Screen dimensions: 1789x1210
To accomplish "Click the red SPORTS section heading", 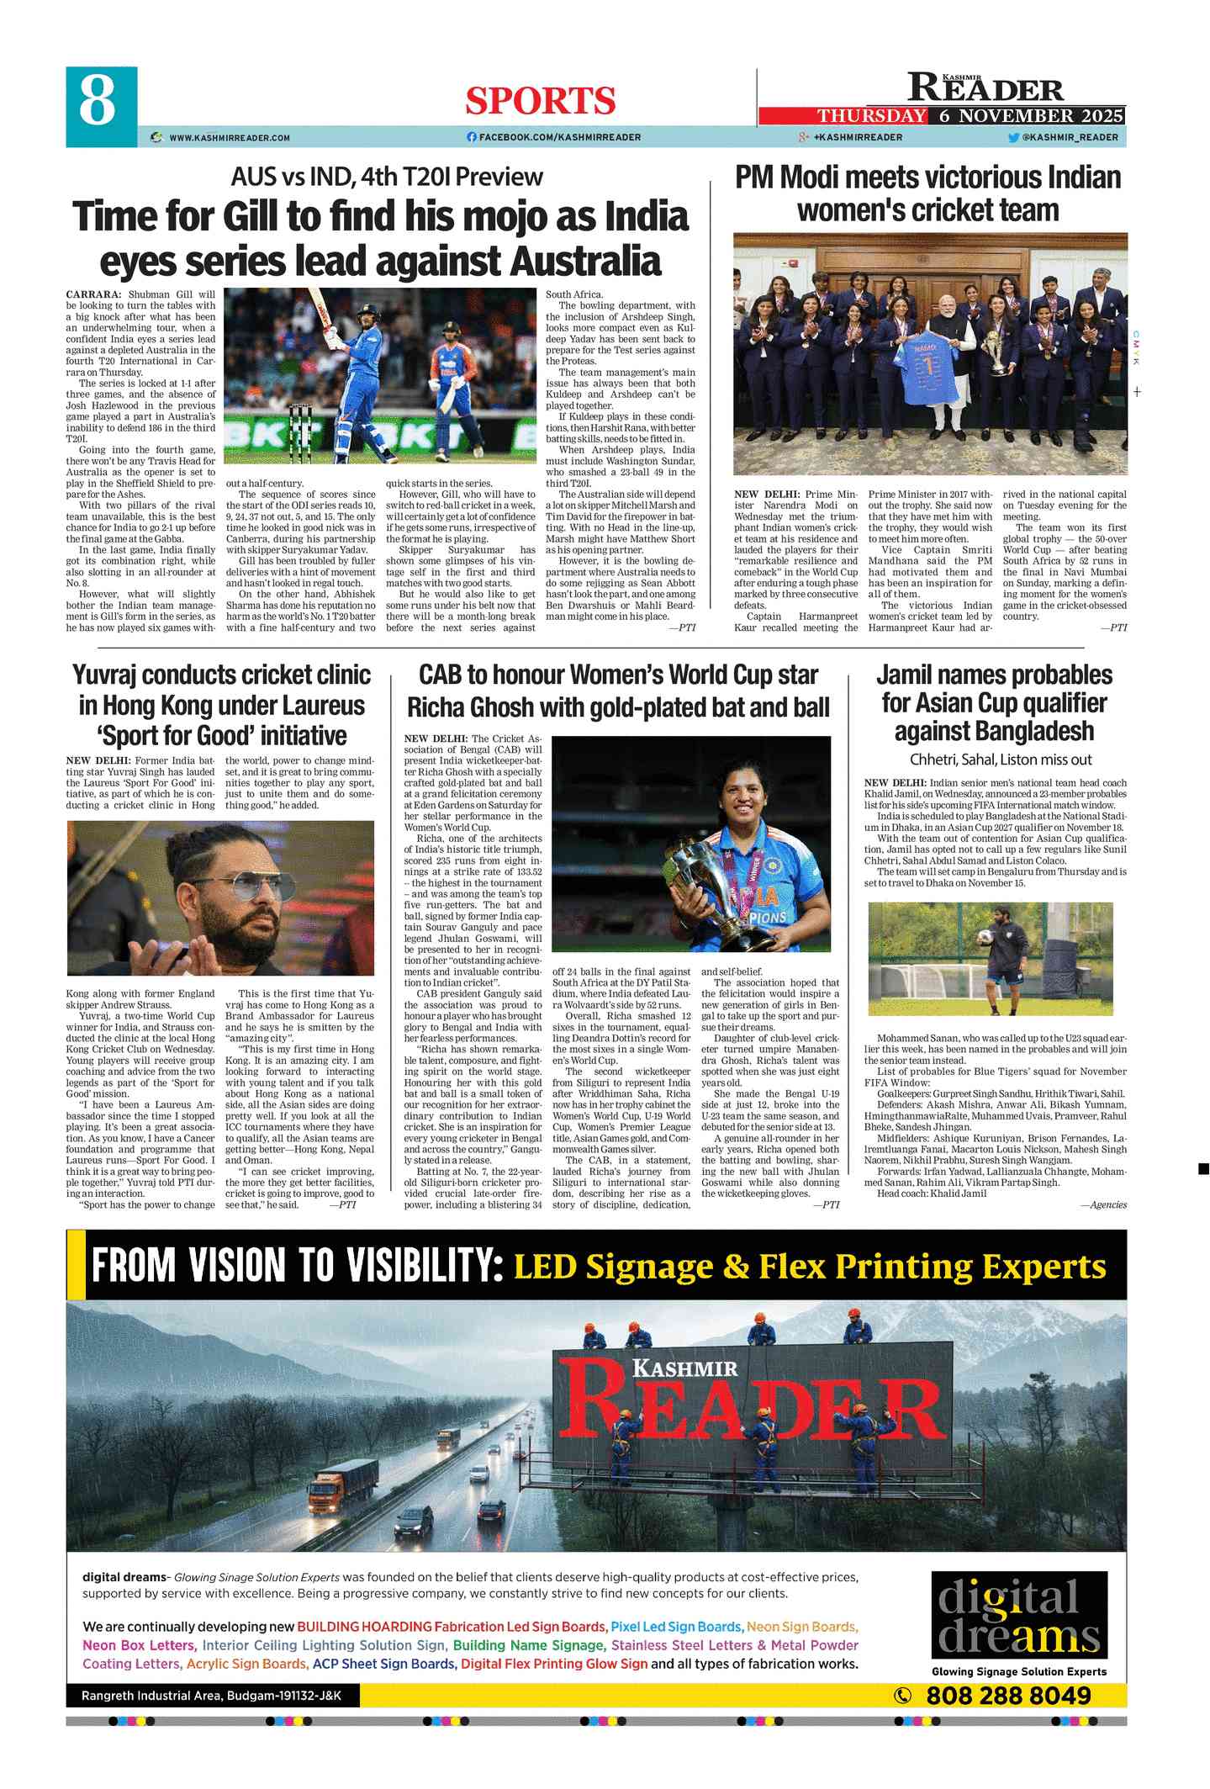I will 540,102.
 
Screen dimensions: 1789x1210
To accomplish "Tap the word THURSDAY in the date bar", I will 872,116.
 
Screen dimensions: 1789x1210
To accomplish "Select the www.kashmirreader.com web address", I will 229,137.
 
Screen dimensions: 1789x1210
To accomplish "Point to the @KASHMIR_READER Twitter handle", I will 1069,137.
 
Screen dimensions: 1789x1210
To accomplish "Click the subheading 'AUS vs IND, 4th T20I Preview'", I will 387,177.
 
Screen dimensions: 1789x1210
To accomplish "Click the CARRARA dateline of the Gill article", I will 93,294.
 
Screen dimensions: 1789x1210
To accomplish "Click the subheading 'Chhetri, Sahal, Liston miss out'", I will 1001,760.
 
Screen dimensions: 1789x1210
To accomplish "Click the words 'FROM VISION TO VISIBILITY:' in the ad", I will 297,1266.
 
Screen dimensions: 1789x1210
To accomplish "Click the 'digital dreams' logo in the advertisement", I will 1018,1615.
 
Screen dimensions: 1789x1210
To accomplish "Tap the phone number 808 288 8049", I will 1008,1696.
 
